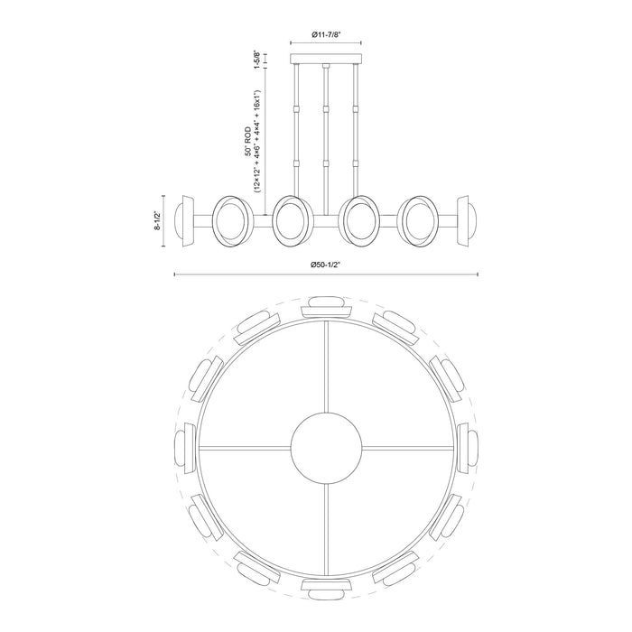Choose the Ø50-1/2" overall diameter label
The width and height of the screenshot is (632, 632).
[324, 265]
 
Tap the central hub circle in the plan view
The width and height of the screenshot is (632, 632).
[325, 448]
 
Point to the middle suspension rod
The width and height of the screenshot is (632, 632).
[325, 135]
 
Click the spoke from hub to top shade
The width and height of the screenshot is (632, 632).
[325, 370]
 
